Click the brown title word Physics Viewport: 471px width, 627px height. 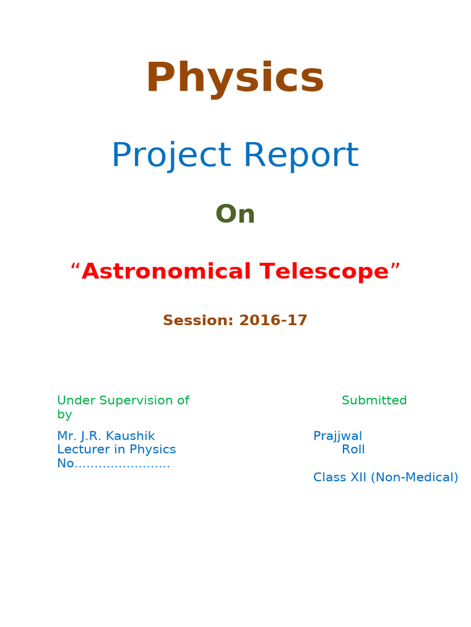(235, 79)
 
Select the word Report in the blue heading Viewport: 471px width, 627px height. (301, 156)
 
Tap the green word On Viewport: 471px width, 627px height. (235, 214)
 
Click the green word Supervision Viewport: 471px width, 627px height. (139, 400)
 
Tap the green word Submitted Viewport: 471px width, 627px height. (374, 400)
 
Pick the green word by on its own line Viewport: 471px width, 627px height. (64, 415)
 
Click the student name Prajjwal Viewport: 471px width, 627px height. (337, 436)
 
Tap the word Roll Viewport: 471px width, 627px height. (353, 449)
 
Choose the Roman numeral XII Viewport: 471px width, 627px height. (358, 477)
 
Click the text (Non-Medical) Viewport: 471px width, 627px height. (414, 477)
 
